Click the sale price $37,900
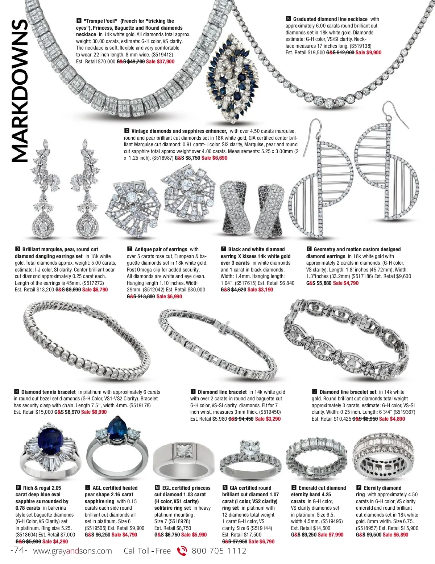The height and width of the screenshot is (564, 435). click(x=160, y=62)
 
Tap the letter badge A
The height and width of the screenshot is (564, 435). click(x=79, y=21)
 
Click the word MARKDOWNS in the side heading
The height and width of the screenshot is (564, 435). click(x=20, y=91)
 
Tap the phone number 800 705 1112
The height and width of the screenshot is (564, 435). click(x=219, y=551)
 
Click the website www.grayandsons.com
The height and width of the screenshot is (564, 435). click(x=72, y=551)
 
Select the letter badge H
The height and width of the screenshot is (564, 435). click(x=16, y=392)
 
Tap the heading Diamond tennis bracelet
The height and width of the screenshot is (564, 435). click(x=49, y=392)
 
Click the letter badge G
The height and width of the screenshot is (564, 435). click(x=309, y=249)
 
